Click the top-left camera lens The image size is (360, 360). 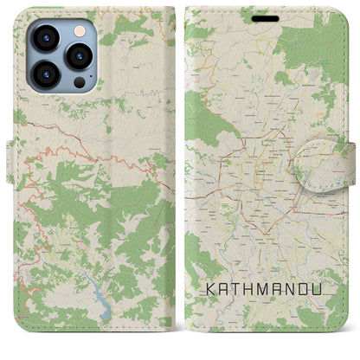pos(46,39)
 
